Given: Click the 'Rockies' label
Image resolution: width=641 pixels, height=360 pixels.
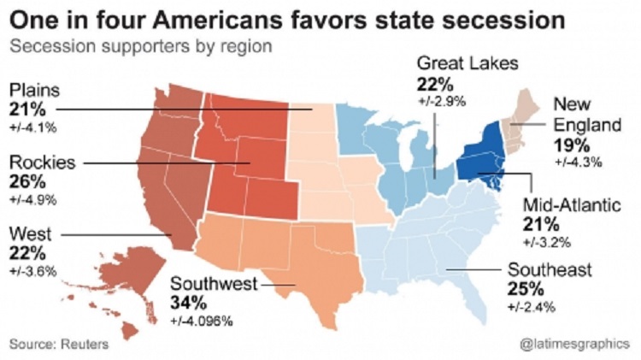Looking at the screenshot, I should (43, 162).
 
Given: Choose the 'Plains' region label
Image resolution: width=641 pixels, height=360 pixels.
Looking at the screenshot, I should (35, 91).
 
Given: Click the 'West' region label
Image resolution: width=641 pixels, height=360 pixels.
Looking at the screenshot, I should (31, 233).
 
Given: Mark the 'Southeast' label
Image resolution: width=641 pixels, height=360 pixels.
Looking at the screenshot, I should (549, 270).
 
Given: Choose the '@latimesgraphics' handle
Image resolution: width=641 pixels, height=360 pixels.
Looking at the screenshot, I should (574, 343).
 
